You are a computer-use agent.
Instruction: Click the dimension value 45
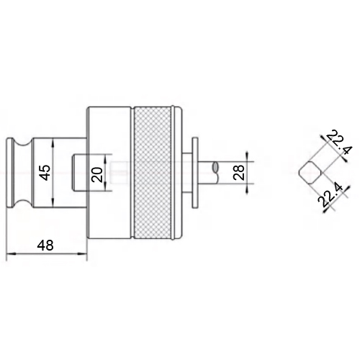45,172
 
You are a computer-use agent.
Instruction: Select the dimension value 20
98,174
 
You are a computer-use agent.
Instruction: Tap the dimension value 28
239,172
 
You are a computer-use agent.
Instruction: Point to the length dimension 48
45,245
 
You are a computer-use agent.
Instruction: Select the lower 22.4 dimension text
330,194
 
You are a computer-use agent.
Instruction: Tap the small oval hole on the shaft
215,167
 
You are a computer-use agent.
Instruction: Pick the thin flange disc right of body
195,173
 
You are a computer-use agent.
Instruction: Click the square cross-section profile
310,173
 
